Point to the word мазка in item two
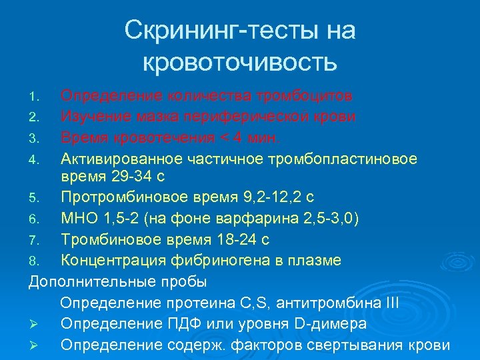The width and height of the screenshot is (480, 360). tap(161, 117)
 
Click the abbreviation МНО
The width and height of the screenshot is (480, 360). tap(79, 219)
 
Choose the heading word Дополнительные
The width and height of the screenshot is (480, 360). tap(93, 281)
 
